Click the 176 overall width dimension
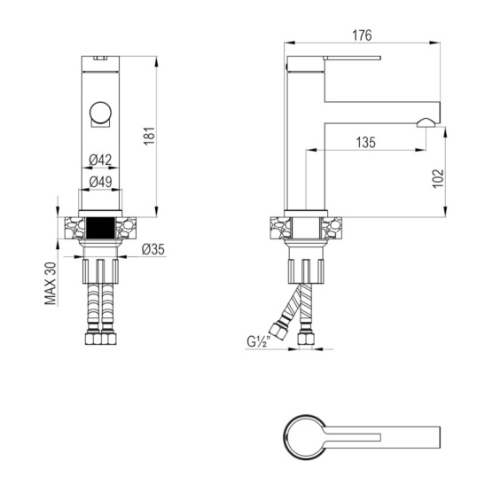click(362, 35)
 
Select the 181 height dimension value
click(150, 136)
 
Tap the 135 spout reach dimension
click(365, 143)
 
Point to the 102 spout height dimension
click(438, 178)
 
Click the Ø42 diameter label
click(100, 160)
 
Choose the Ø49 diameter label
click(100, 182)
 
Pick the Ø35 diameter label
click(153, 249)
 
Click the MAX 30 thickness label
click(51, 284)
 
